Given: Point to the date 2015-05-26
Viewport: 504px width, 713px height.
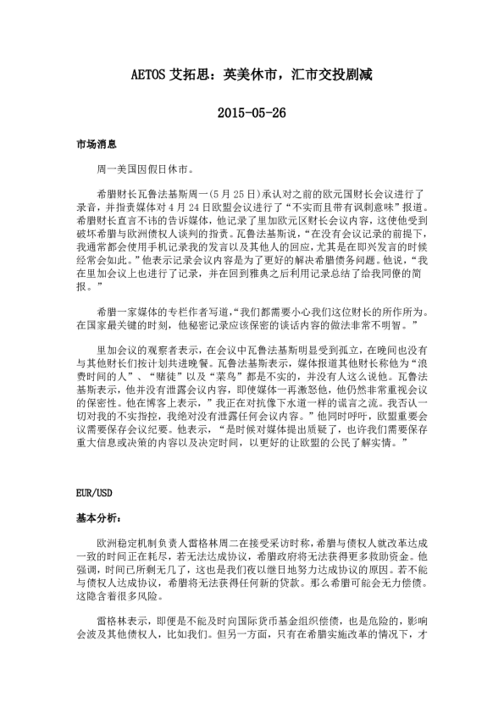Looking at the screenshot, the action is [252, 113].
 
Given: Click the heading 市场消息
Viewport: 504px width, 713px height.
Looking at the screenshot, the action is [94, 146].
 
